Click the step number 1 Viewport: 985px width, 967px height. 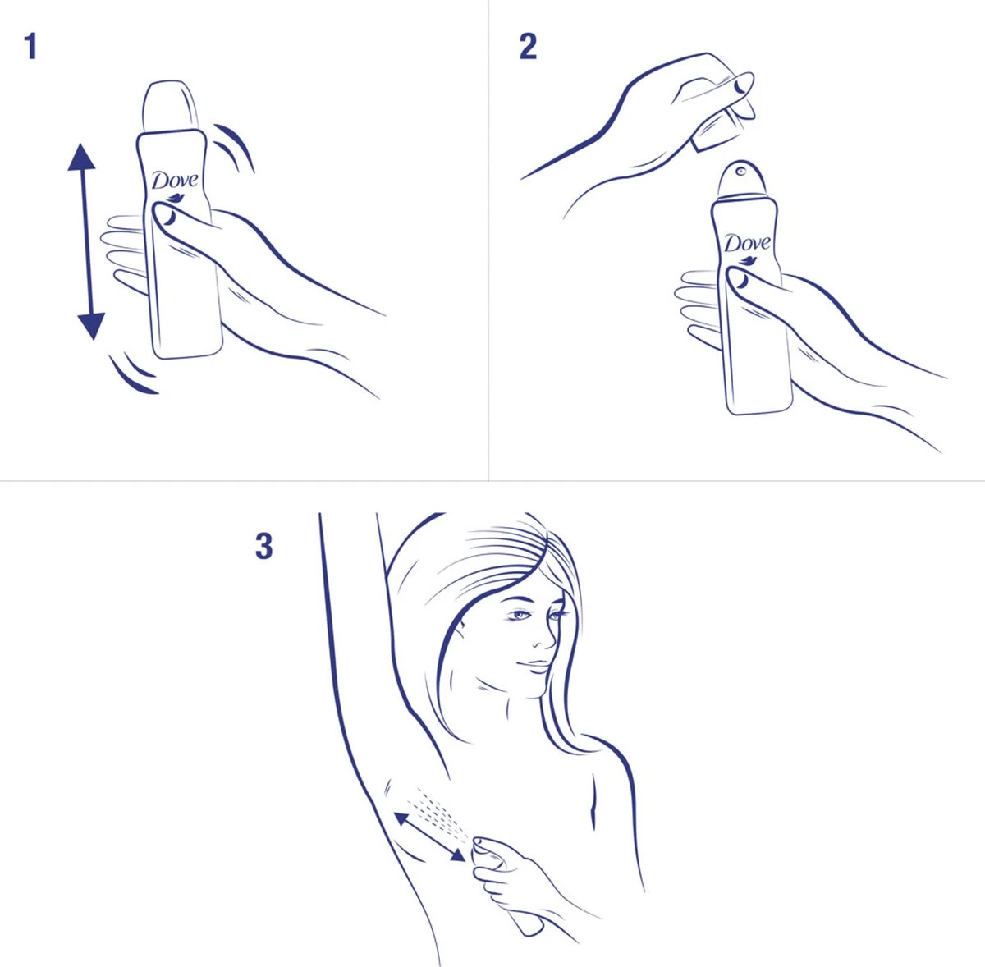click(30, 47)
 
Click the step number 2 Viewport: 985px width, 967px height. click(528, 47)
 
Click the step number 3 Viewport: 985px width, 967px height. click(263, 546)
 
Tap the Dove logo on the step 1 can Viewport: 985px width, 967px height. click(175, 181)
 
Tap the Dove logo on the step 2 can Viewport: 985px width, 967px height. click(746, 244)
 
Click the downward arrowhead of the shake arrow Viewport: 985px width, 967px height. click(90, 325)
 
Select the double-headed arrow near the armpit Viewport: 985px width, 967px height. click(429, 836)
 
